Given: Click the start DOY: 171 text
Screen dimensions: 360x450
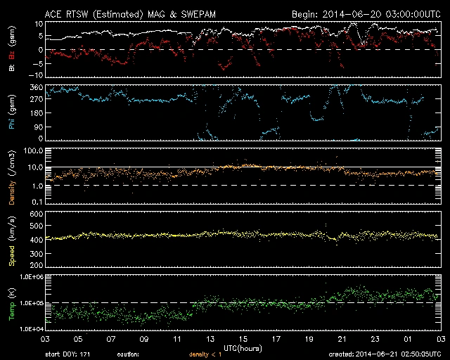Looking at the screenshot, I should [x=69, y=354].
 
